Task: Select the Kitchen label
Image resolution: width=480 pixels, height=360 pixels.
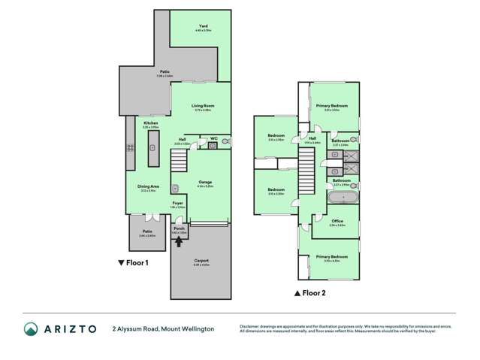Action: click(150, 123)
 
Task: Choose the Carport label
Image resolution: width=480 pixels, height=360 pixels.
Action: click(201, 261)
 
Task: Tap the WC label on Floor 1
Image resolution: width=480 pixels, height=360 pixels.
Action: click(213, 138)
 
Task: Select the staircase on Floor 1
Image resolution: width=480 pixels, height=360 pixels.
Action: click(179, 160)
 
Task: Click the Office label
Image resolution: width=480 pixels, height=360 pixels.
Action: click(337, 222)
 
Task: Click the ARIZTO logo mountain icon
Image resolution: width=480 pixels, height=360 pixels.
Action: click(30, 328)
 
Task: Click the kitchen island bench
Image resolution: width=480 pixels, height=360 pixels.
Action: click(153, 154)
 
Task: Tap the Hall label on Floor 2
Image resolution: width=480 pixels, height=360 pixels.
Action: click(312, 138)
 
